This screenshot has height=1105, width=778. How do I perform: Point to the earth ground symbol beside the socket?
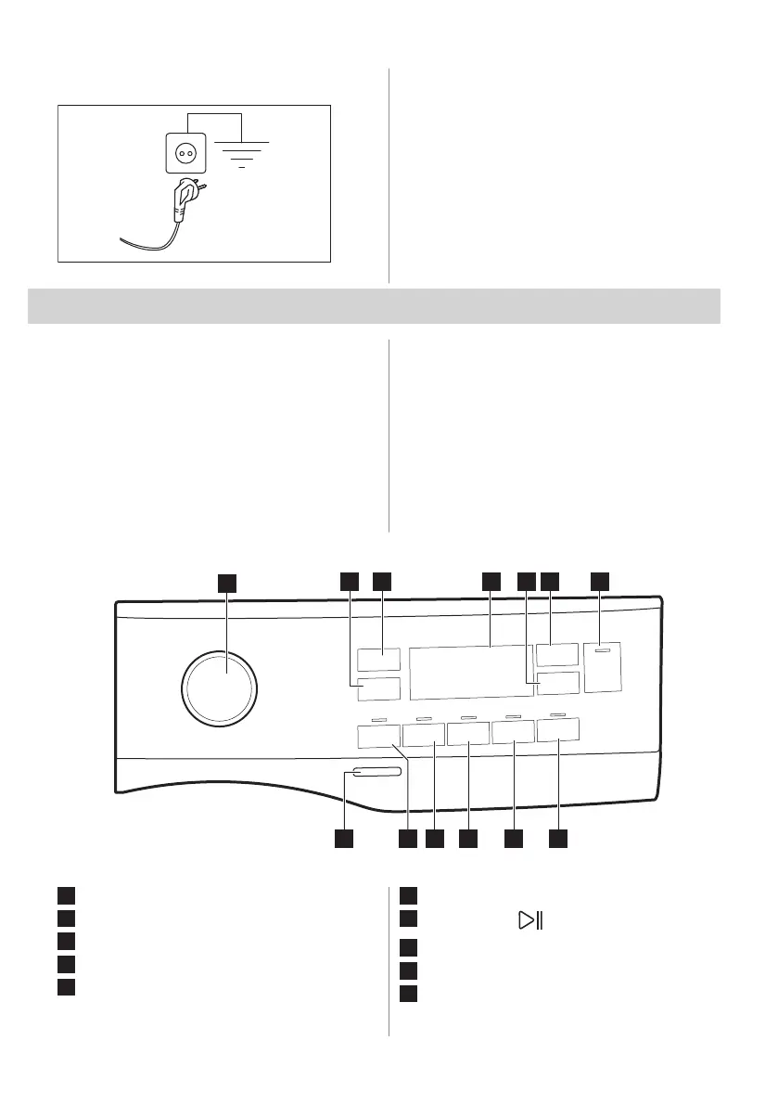click(241, 154)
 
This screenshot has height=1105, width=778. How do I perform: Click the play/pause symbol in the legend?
click(530, 921)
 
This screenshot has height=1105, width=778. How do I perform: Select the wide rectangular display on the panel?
click(470, 673)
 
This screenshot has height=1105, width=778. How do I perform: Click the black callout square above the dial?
click(227, 582)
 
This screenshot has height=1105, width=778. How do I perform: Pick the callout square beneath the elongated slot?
click(343, 839)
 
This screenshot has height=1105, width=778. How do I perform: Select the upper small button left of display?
click(377, 659)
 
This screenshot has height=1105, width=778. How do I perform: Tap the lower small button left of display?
click(377, 689)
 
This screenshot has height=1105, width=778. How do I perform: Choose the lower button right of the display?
click(557, 685)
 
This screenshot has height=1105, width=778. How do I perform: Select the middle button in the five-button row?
click(468, 735)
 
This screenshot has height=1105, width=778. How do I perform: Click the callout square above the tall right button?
click(601, 581)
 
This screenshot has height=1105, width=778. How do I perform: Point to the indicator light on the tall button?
click(603, 651)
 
